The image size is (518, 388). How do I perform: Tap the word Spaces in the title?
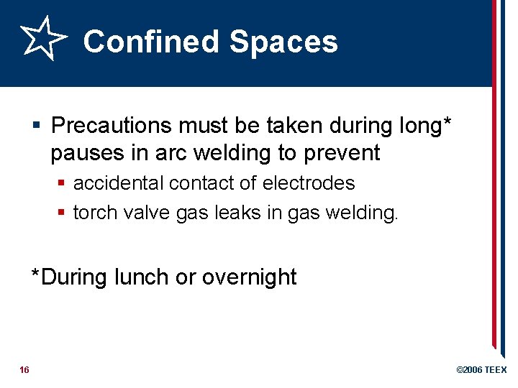[283, 42]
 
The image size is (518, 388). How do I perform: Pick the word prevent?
[342, 153]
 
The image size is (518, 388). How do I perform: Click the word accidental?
[119, 183]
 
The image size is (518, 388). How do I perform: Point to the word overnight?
[249, 277]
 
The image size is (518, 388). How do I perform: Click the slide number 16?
[24, 370]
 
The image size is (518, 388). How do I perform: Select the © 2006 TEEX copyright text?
[481, 370]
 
